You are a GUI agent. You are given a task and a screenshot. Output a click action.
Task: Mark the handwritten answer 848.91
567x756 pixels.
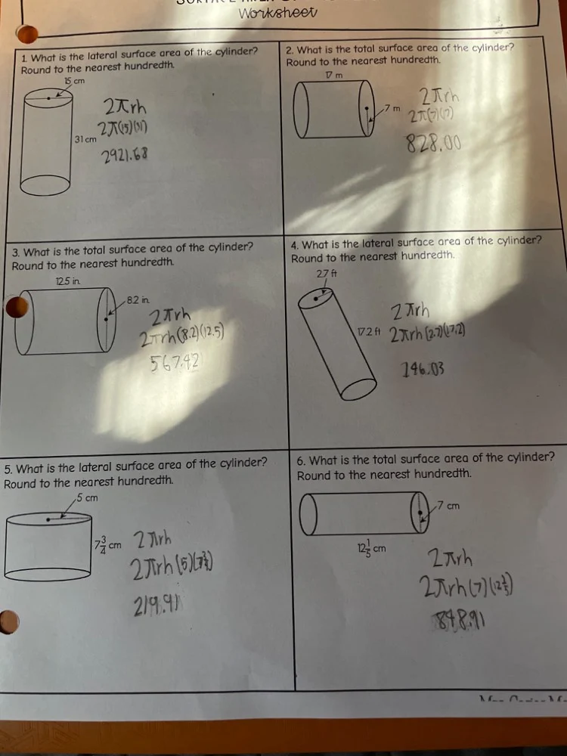[x=460, y=622]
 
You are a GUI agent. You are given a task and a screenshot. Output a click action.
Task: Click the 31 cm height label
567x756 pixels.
[x=85, y=140]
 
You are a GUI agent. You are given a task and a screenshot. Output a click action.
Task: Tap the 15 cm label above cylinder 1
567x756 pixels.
[x=73, y=80]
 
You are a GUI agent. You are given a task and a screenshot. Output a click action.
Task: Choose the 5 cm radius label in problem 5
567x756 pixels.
[x=87, y=497]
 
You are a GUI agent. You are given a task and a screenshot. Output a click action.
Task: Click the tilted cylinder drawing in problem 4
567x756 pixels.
[x=336, y=344]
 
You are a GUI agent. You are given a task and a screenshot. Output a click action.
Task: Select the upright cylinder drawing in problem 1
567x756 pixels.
[x=46, y=140]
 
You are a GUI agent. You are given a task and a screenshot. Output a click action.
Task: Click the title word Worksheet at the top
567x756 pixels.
[x=278, y=13]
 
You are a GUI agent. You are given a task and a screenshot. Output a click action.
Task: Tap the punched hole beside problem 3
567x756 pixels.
[x=16, y=307]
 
